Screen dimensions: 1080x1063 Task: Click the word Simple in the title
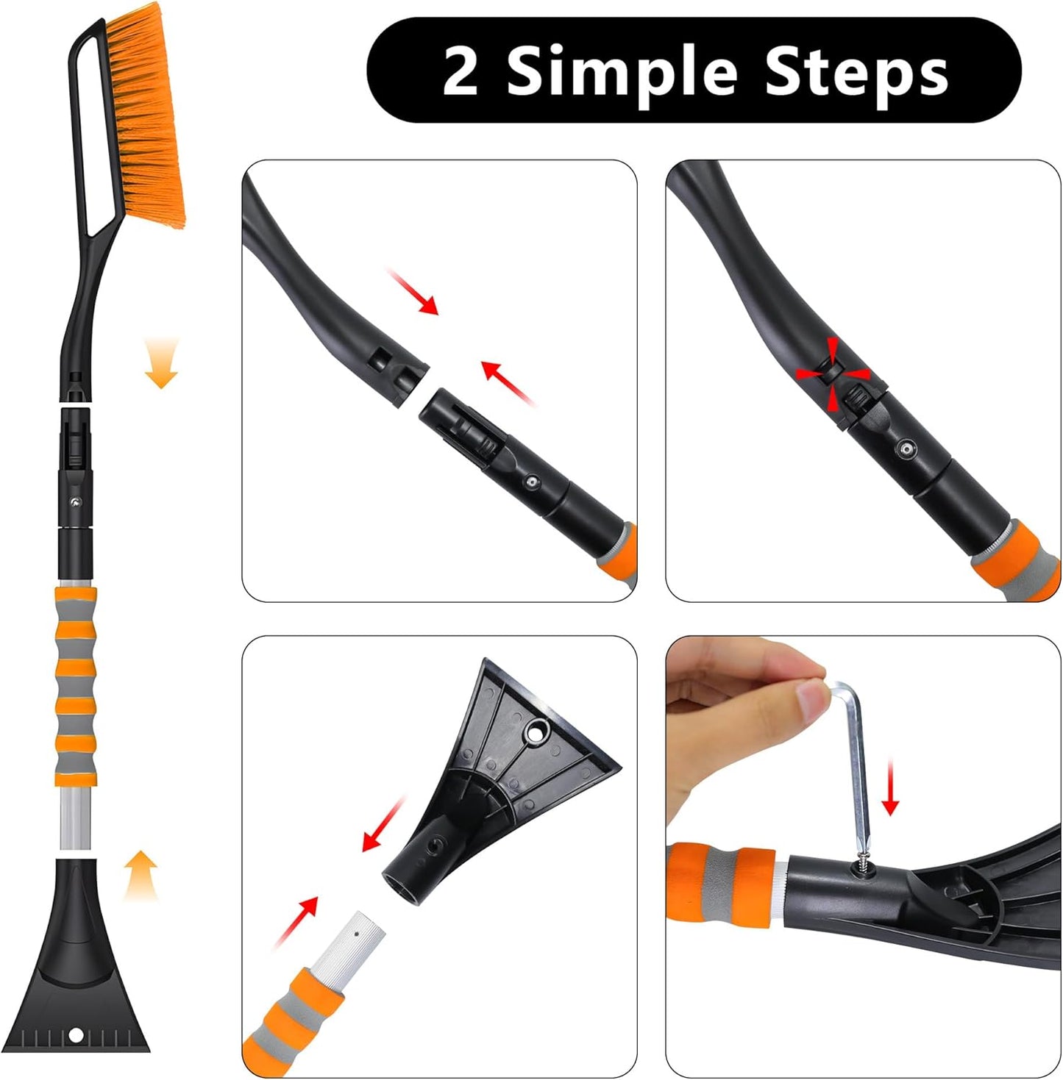(x=622, y=72)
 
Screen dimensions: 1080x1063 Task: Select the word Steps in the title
(x=856, y=72)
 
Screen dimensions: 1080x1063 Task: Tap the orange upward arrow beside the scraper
(x=140, y=873)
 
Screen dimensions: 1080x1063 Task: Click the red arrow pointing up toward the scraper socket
(x=297, y=921)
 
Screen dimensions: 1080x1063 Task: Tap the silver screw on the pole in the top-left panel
(x=531, y=482)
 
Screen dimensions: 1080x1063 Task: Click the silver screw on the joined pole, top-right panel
(x=907, y=448)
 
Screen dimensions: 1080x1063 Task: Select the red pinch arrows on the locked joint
(x=833, y=373)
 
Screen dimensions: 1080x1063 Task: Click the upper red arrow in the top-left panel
(x=413, y=291)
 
